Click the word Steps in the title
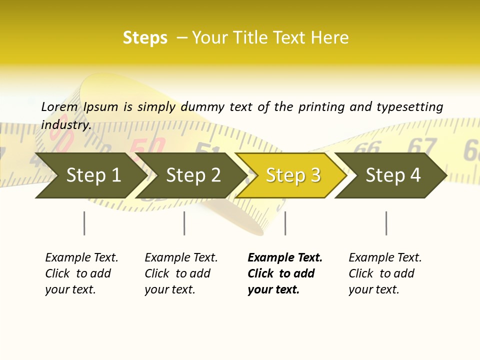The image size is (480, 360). tap(145, 38)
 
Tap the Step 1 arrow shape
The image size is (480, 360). tap(93, 175)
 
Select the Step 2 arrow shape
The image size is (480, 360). tap(193, 175)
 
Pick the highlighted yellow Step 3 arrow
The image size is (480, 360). tap(292, 175)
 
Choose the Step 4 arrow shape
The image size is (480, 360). tap(392, 175)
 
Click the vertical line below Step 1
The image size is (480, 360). tap(84, 223)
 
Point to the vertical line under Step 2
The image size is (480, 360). tap(184, 223)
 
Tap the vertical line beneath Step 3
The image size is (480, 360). tap(285, 223)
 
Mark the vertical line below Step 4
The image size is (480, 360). tap(386, 223)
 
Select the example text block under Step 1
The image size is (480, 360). tap(81, 273)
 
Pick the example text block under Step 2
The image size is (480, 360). tap(181, 273)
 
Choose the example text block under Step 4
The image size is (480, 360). tap(385, 273)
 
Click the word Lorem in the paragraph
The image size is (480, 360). tap(59, 106)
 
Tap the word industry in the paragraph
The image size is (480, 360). tap(65, 125)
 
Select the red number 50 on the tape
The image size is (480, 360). tap(147, 148)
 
